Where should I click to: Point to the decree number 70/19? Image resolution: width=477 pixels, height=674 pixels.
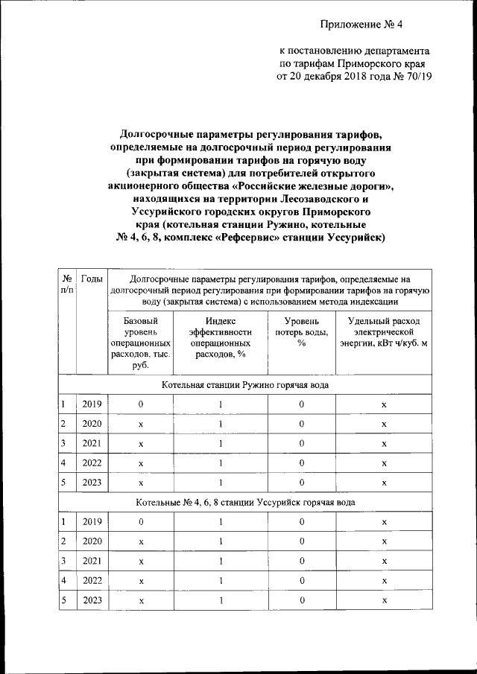click(417, 76)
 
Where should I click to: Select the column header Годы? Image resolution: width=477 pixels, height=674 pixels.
click(92, 279)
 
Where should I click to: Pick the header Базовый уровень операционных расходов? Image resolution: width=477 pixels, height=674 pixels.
click(140, 342)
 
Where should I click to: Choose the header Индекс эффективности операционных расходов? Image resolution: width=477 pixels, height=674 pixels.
click(221, 336)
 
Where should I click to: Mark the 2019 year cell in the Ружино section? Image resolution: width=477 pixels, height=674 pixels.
click(92, 404)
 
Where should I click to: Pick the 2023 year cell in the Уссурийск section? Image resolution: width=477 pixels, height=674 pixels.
click(92, 600)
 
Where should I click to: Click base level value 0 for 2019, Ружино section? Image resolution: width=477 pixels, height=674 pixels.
click(140, 404)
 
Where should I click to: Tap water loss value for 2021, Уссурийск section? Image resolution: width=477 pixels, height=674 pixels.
click(302, 561)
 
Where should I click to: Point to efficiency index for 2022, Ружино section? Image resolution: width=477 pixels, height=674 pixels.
click(221, 463)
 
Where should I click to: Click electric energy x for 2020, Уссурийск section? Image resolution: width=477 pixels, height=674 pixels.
click(384, 541)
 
